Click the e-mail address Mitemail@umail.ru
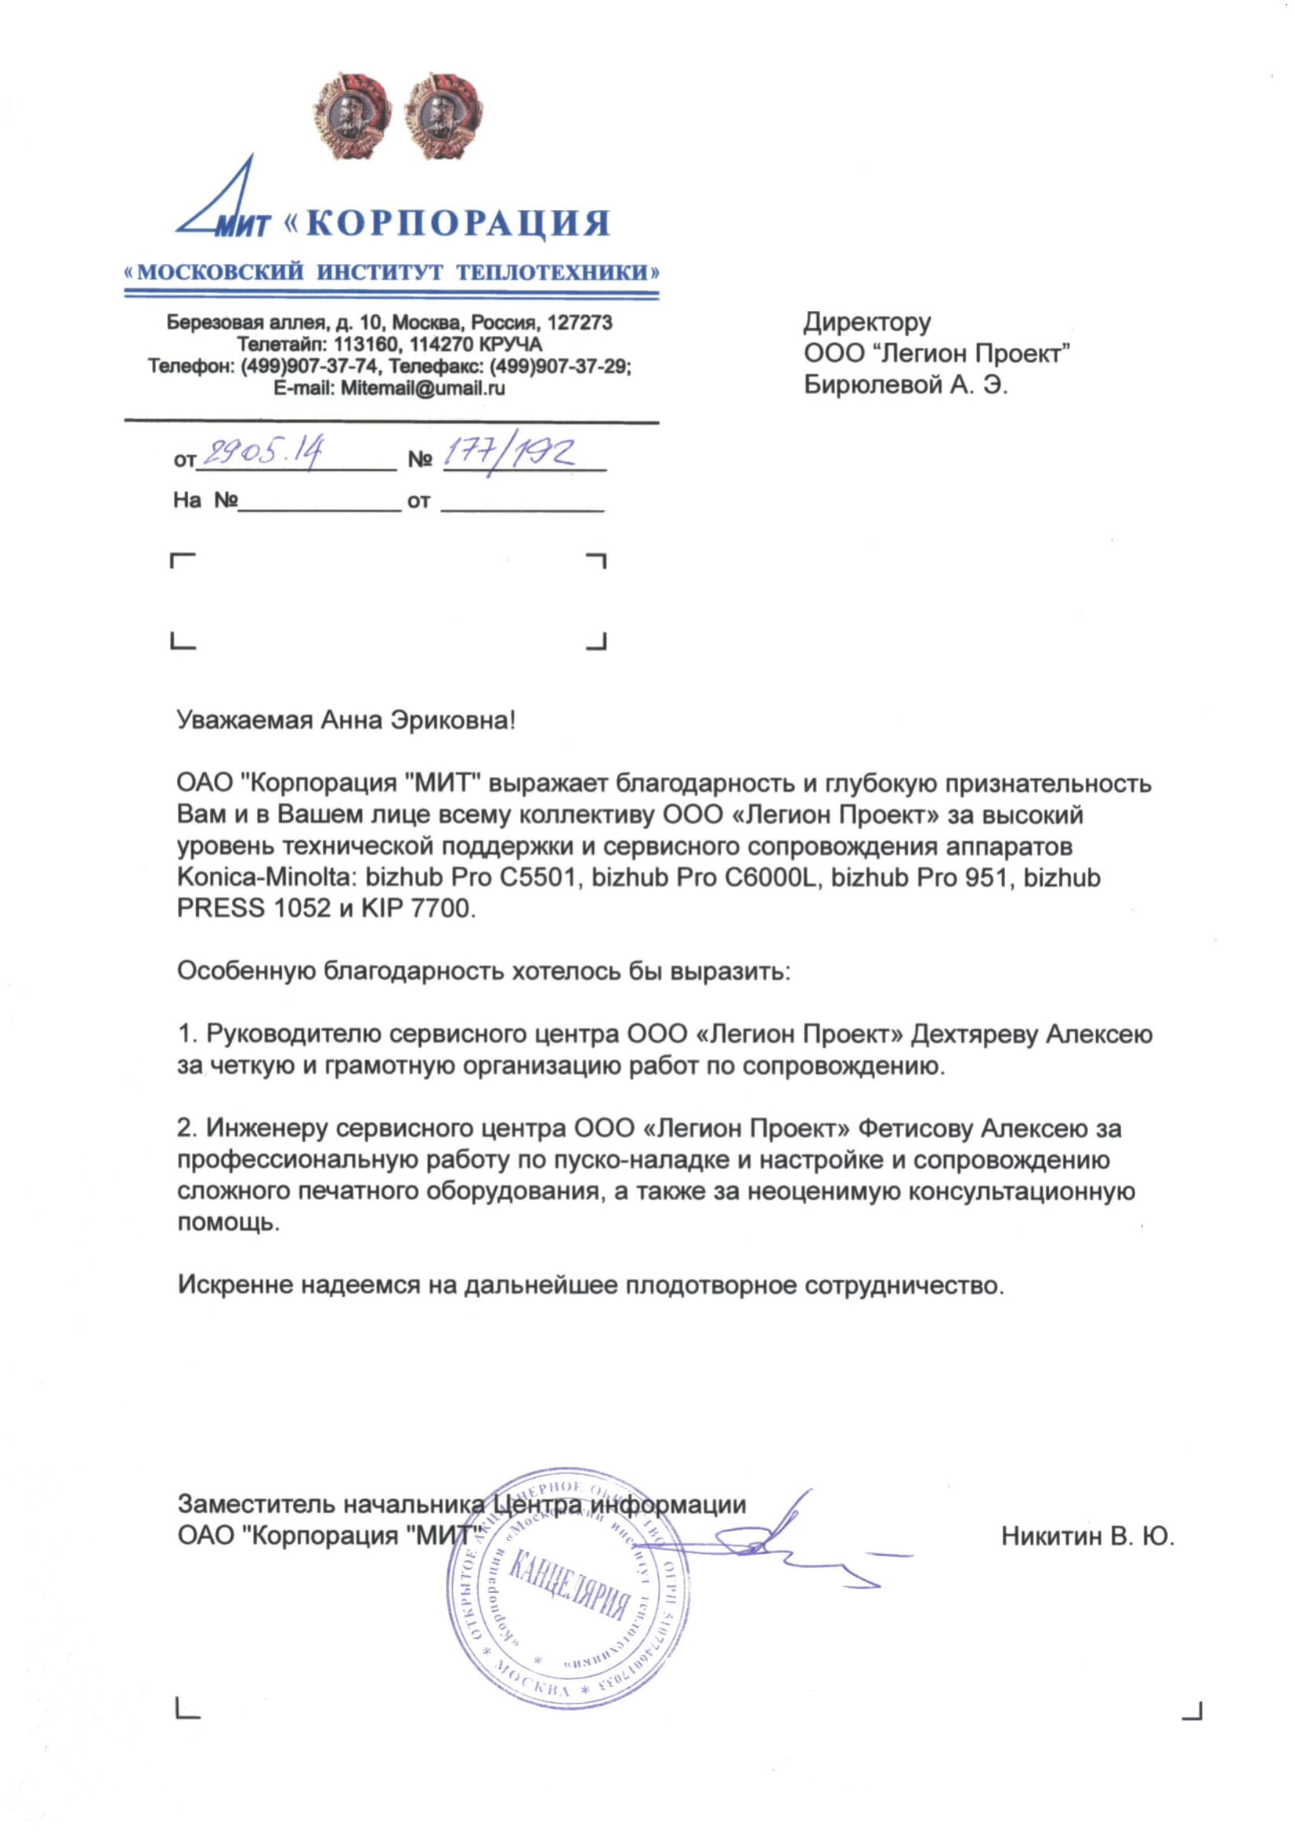tap(422, 388)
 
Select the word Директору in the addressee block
tap(866, 322)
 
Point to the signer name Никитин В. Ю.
tap(1087, 1536)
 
